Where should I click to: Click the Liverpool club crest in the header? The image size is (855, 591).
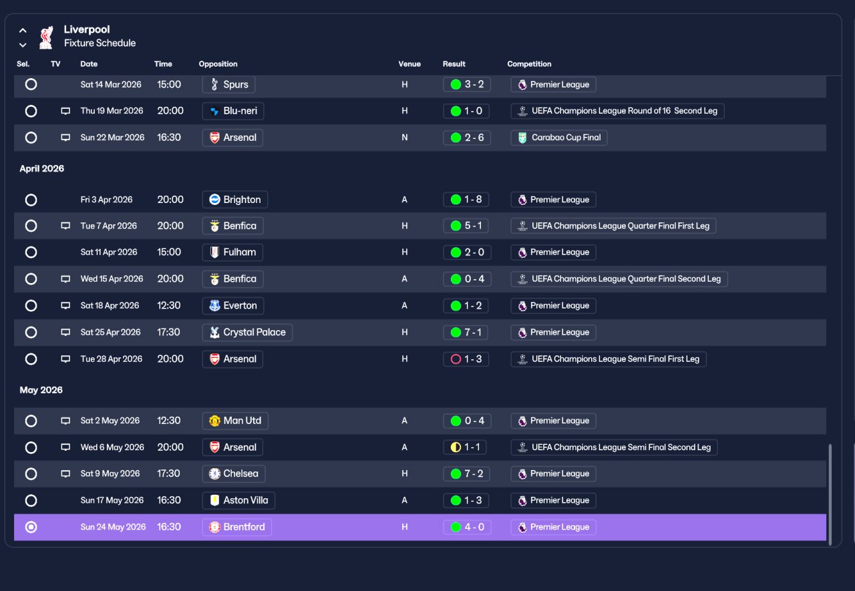click(46, 37)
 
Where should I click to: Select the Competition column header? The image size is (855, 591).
click(529, 64)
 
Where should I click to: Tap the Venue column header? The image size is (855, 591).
click(409, 64)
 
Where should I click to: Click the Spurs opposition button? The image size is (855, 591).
click(228, 84)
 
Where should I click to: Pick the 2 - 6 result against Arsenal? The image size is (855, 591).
click(467, 138)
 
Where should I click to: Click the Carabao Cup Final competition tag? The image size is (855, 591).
click(559, 138)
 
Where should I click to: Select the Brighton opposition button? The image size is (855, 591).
click(234, 200)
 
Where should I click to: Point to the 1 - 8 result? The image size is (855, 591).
click(466, 200)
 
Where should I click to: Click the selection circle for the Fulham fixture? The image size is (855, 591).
click(31, 252)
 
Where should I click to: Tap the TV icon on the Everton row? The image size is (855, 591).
click(65, 306)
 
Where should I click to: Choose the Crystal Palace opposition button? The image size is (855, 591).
click(247, 333)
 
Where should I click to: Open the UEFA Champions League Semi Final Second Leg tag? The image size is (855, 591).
click(614, 447)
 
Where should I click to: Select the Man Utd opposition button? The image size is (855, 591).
click(235, 421)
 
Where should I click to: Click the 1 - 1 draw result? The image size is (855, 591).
click(464, 447)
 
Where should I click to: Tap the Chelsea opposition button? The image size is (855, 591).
click(234, 474)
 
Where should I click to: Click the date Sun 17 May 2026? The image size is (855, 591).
click(112, 500)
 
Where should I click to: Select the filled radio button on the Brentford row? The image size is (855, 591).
click(31, 528)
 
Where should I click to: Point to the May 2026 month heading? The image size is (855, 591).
click(41, 390)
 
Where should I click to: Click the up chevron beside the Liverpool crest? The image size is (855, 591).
click(23, 31)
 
